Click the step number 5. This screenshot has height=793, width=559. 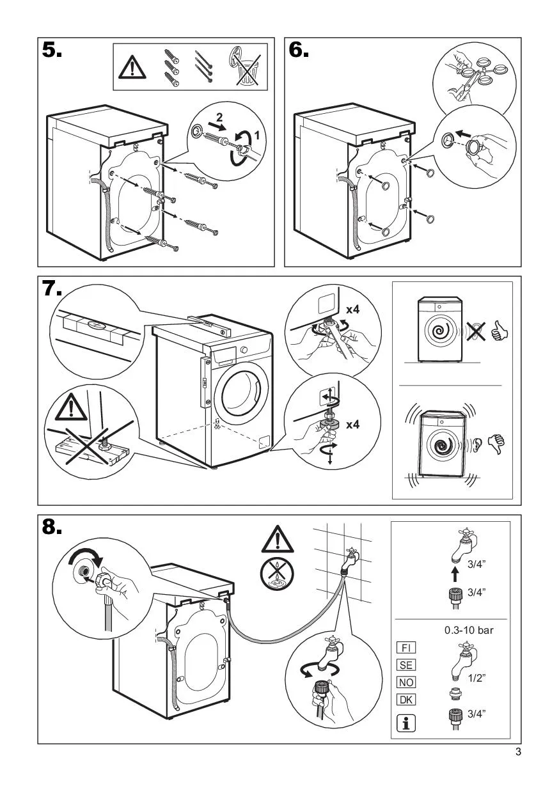pos(52,52)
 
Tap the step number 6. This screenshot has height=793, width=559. pos(299,52)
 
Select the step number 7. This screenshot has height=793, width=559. pos(52,290)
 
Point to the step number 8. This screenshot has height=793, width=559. pos(52,528)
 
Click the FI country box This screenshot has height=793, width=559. pos(405,648)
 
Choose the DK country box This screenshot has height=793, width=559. pos(405,700)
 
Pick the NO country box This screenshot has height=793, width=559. pos(405,682)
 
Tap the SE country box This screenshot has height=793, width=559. pos(405,665)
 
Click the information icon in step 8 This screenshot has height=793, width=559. pos(405,723)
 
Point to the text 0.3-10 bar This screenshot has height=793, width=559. pos(469,630)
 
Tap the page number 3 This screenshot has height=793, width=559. pos(518,752)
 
